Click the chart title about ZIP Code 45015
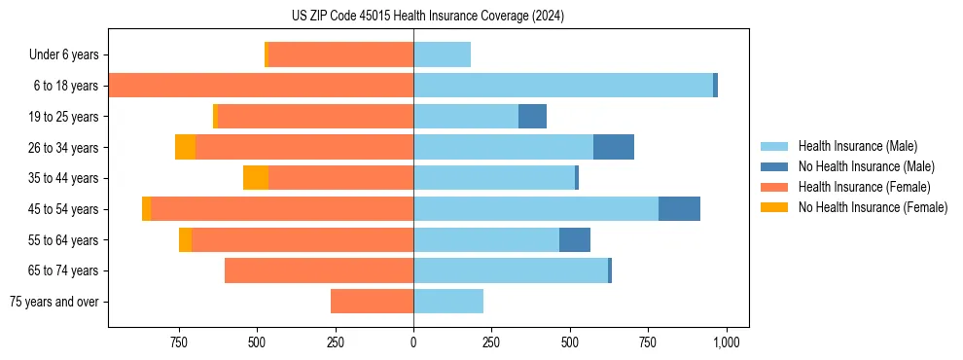[428, 17]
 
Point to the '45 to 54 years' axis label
[64, 209]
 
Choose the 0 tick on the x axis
[413, 342]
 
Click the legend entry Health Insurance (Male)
[857, 146]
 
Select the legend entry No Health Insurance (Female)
[873, 207]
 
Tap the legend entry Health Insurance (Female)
[864, 187]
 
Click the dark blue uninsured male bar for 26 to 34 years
[614, 147]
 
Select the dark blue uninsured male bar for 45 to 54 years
[679, 209]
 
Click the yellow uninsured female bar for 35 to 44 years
[256, 178]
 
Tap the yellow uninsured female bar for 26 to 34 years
[185, 147]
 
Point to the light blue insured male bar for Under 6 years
[442, 54]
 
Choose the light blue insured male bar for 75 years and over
[448, 302]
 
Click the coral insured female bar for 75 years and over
[372, 302]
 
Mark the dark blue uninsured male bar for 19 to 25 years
[532, 117]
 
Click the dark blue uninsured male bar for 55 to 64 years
[575, 239]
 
